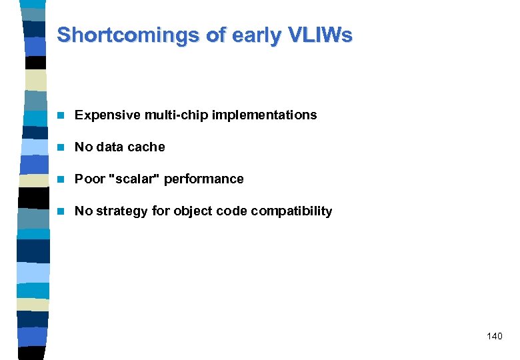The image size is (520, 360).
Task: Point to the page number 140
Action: (x=494, y=336)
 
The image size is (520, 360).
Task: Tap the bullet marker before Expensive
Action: (x=61, y=115)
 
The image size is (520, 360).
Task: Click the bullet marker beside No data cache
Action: (x=61, y=147)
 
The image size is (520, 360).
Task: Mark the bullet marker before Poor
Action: (x=61, y=179)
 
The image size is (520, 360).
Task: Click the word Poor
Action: (x=89, y=179)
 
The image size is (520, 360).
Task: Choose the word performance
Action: (x=204, y=179)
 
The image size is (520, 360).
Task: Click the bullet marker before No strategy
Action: (x=61, y=211)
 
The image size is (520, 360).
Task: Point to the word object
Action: (x=193, y=211)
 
